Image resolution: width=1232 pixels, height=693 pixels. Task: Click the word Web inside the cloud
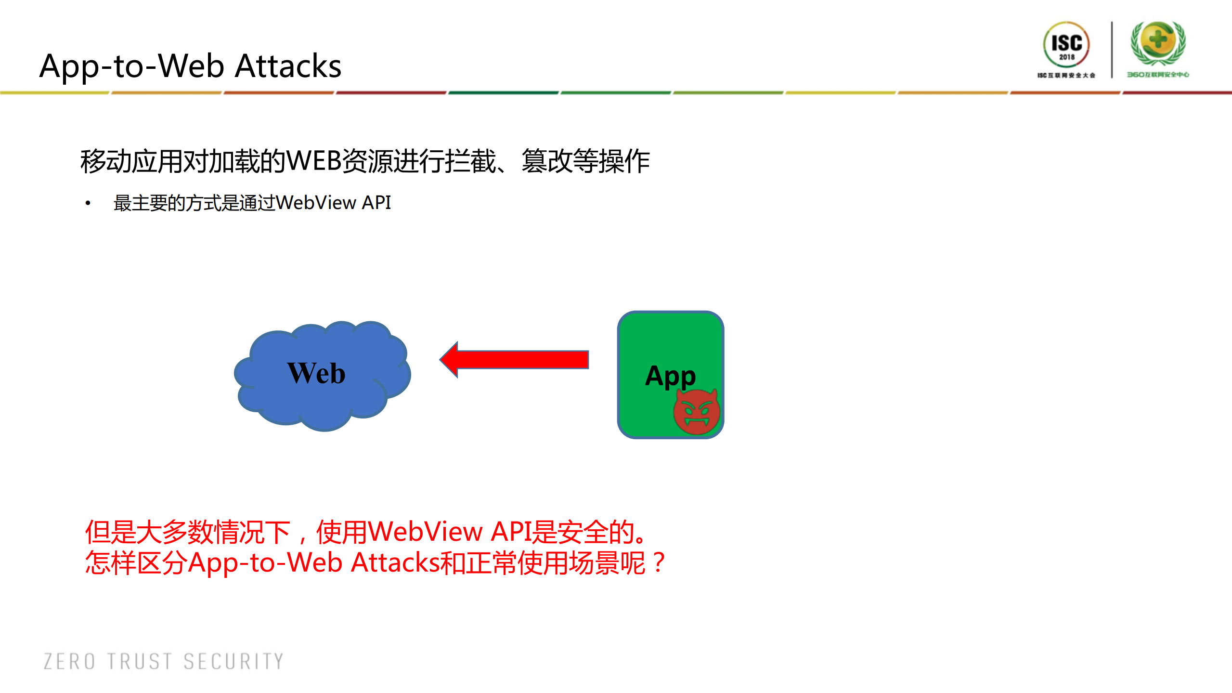pos(316,373)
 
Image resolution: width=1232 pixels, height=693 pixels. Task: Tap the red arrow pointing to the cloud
pos(515,360)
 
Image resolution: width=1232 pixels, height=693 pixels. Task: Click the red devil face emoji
pos(696,411)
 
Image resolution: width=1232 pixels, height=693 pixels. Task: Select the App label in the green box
pos(670,376)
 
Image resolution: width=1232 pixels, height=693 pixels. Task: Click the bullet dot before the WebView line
pos(88,203)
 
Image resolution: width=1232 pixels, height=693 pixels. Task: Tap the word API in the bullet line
pos(376,203)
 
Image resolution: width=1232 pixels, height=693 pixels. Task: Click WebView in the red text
pos(427,532)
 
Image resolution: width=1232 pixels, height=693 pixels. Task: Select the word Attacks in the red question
pos(395,562)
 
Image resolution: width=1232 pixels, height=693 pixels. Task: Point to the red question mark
pos(659,562)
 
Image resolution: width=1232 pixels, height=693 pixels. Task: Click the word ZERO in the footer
pos(69,661)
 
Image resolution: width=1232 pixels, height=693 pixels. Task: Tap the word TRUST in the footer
pos(140,661)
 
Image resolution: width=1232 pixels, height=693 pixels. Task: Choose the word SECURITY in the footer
pos(234,661)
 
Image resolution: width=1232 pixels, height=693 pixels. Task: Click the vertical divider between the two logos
pos(1112,49)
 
